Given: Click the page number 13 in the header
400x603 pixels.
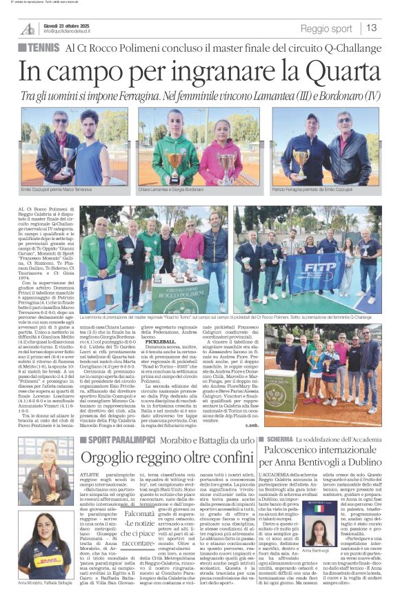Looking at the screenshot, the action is (372, 28).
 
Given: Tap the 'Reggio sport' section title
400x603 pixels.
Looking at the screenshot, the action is (326, 29).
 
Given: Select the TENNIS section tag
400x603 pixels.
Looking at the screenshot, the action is (43, 47).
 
